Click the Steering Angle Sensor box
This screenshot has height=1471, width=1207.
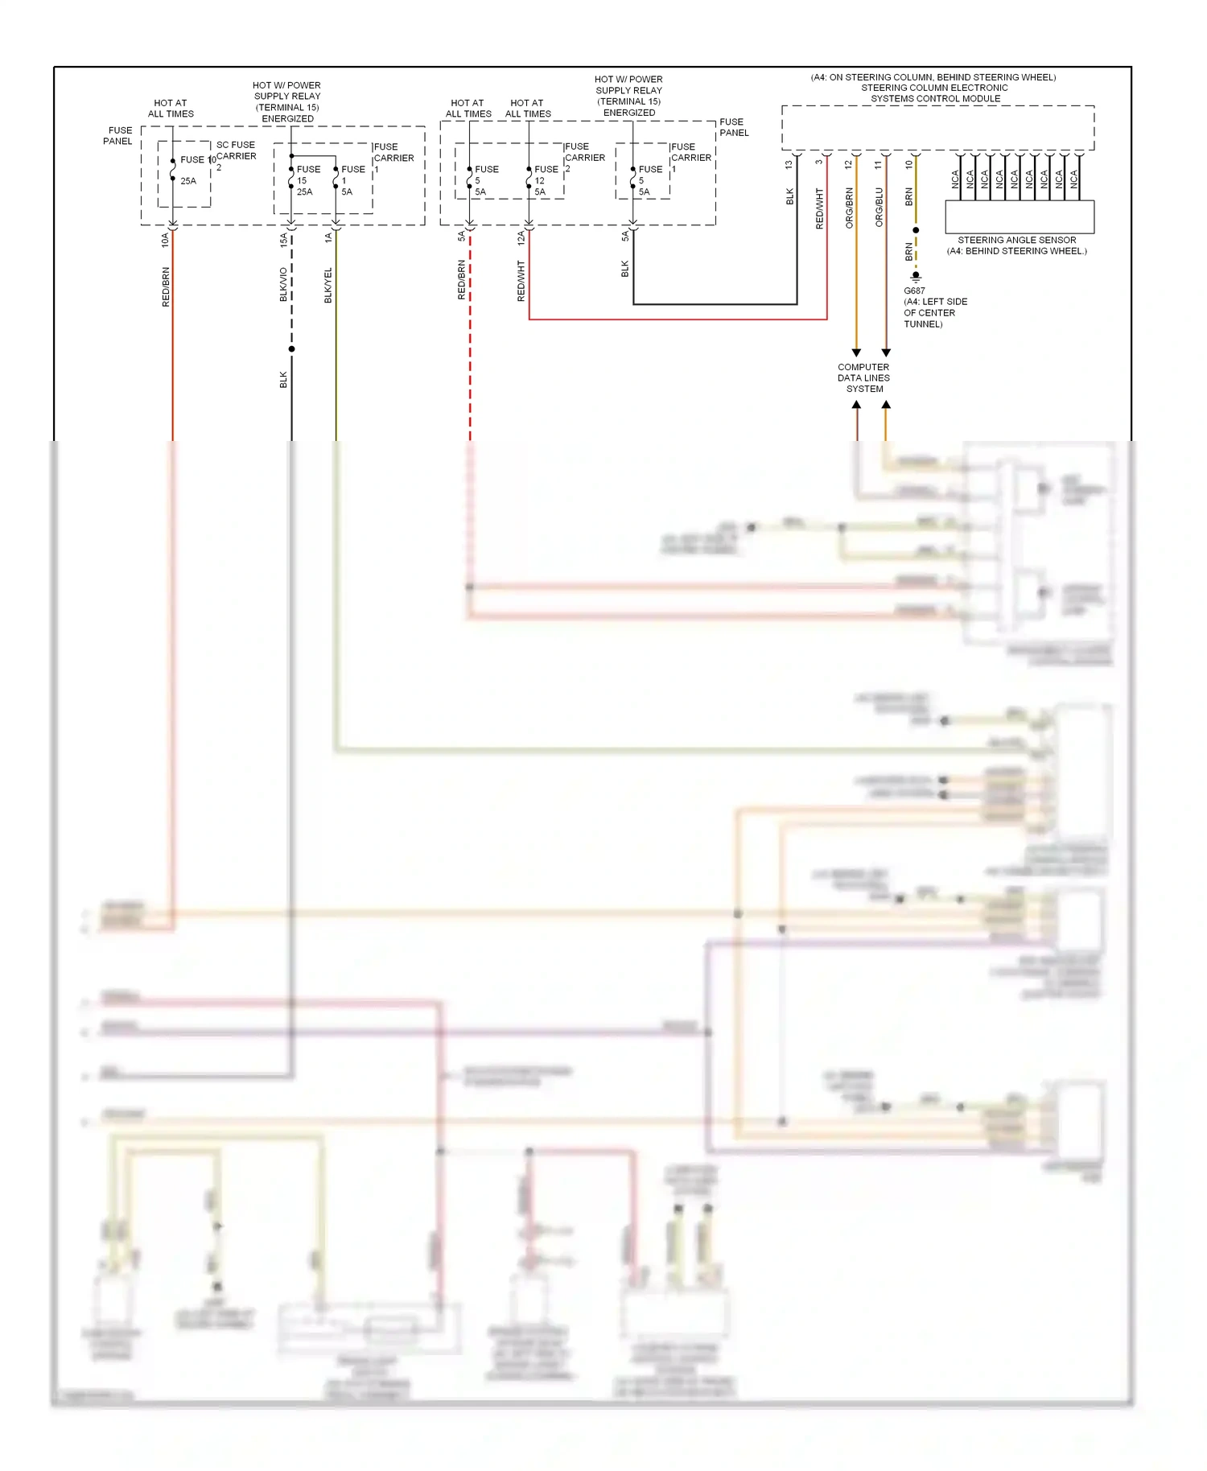tap(1019, 216)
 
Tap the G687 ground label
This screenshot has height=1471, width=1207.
tap(914, 290)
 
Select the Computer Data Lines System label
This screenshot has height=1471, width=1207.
tap(863, 377)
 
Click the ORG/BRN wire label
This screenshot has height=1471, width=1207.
tap(849, 208)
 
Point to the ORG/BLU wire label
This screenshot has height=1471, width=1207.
tap(879, 208)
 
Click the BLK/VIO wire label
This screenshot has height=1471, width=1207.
tap(283, 285)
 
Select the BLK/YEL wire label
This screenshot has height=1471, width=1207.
tap(328, 286)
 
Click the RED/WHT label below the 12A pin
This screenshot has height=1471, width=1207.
tap(521, 281)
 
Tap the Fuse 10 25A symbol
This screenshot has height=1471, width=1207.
tap(173, 170)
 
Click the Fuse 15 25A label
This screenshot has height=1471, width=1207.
tap(306, 180)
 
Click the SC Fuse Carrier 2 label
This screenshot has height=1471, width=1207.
tap(234, 155)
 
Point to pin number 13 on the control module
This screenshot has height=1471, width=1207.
tap(789, 164)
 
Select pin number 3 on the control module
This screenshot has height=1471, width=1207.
tap(819, 163)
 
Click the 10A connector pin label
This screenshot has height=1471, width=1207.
tap(165, 239)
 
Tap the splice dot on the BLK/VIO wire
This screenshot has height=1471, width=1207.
tap(291, 348)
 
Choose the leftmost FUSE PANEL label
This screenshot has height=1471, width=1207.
tap(118, 135)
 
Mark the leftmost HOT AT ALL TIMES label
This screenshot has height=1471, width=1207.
tap(171, 108)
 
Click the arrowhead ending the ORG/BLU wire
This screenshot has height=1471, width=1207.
tap(886, 352)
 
